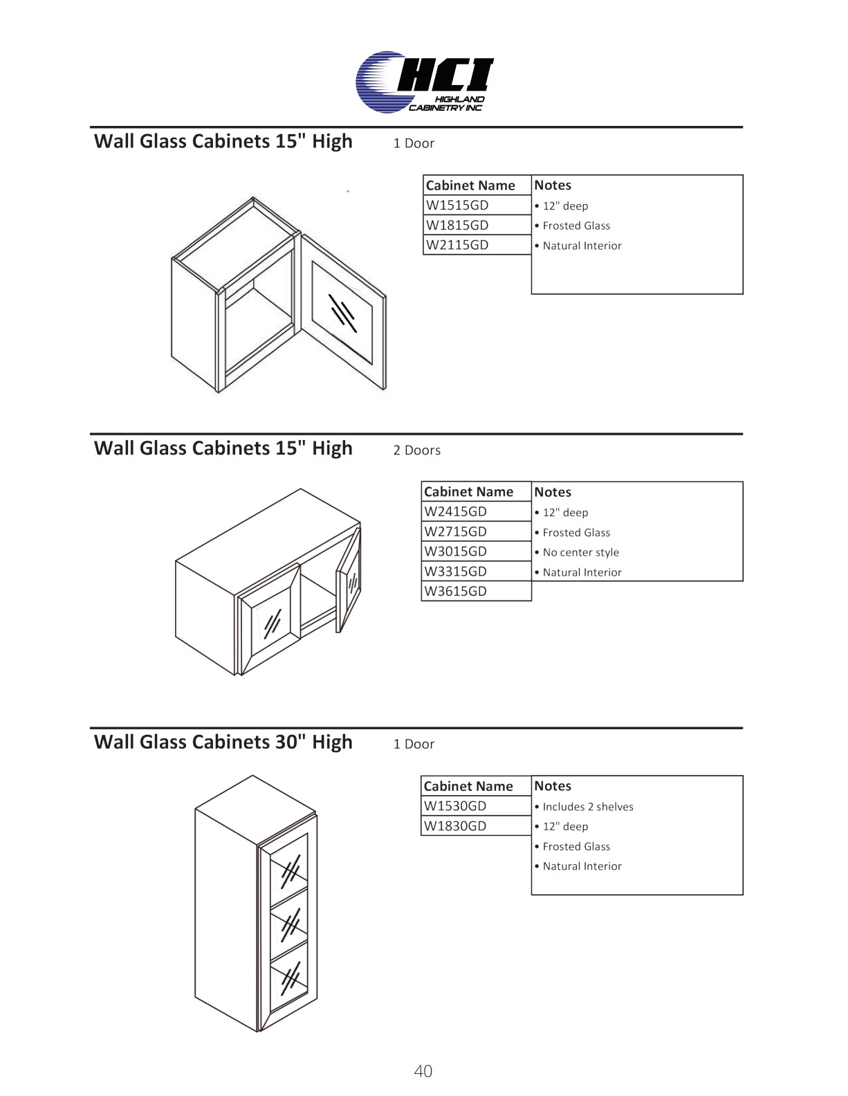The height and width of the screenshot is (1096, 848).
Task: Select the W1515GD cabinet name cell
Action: [x=457, y=205]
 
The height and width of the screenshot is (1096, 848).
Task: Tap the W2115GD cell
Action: [x=457, y=245]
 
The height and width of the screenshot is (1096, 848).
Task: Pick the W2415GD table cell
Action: [x=456, y=511]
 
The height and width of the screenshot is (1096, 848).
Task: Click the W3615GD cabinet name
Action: [x=456, y=591]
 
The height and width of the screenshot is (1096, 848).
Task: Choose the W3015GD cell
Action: [x=456, y=551]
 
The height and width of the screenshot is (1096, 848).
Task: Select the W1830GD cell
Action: [x=455, y=825]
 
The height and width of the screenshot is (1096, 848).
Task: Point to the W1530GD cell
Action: [x=455, y=806]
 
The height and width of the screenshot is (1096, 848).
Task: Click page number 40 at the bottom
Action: [x=423, y=1071]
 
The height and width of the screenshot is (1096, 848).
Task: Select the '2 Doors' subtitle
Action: [x=416, y=450]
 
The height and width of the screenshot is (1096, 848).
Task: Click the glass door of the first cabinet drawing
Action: [x=343, y=309]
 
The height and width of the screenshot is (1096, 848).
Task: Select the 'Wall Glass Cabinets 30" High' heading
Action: [x=223, y=742]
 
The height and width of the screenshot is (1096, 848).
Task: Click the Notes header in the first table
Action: [x=553, y=185]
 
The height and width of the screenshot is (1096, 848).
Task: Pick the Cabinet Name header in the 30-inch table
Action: [x=468, y=786]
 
